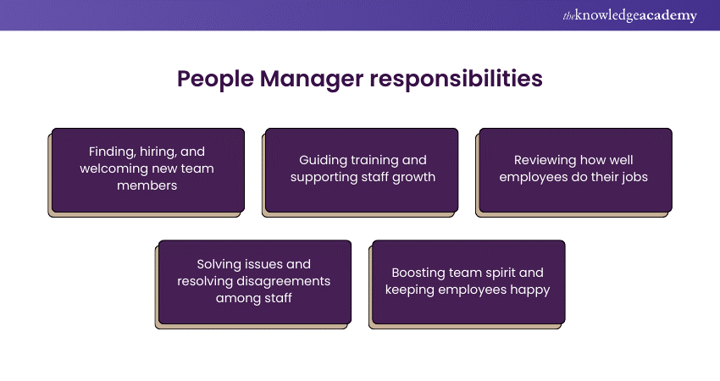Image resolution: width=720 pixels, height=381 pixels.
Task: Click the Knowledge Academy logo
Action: [x=629, y=15]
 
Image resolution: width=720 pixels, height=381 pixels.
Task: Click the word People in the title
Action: [x=215, y=79]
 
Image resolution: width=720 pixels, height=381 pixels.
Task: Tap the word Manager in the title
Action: [x=312, y=80]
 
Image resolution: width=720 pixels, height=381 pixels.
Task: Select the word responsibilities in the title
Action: [x=456, y=79]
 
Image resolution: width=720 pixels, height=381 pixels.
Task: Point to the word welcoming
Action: [x=112, y=168]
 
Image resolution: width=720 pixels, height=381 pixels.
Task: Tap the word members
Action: [x=147, y=185]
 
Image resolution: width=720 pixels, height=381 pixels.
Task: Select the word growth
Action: [x=413, y=177]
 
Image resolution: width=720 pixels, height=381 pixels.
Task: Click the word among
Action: [x=233, y=298]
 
